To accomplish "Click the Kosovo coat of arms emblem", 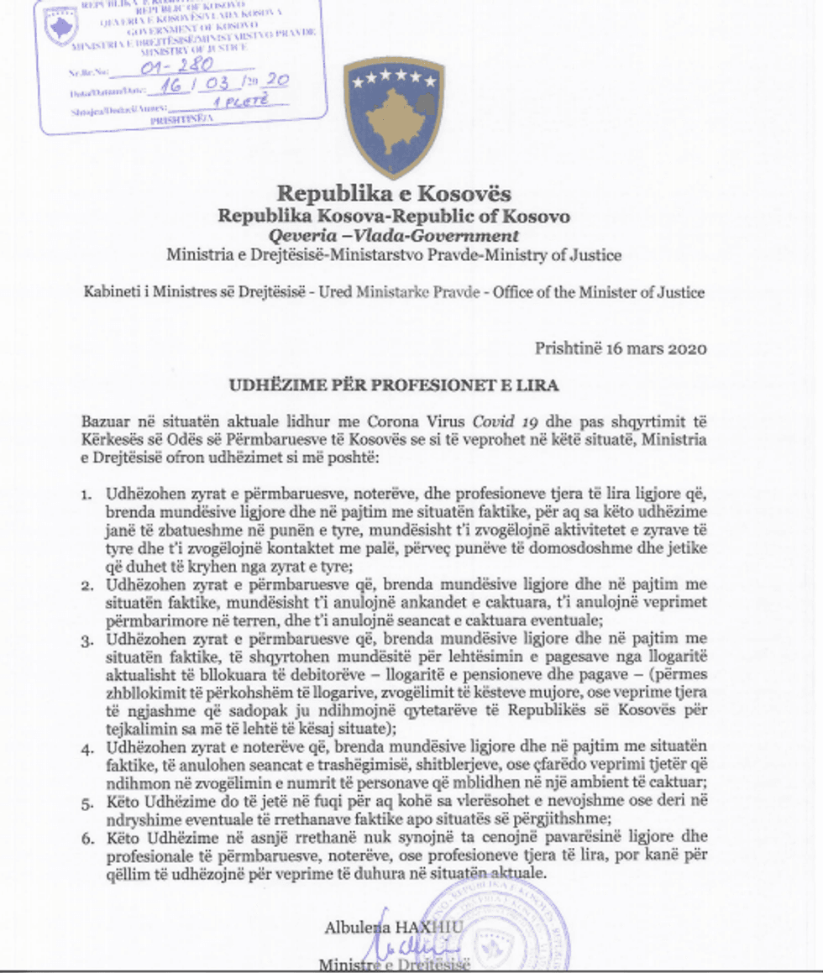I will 394,116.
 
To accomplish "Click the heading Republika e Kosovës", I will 394,195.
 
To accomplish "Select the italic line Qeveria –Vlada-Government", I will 394,236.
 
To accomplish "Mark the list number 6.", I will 86,837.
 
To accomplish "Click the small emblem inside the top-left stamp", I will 61,24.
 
